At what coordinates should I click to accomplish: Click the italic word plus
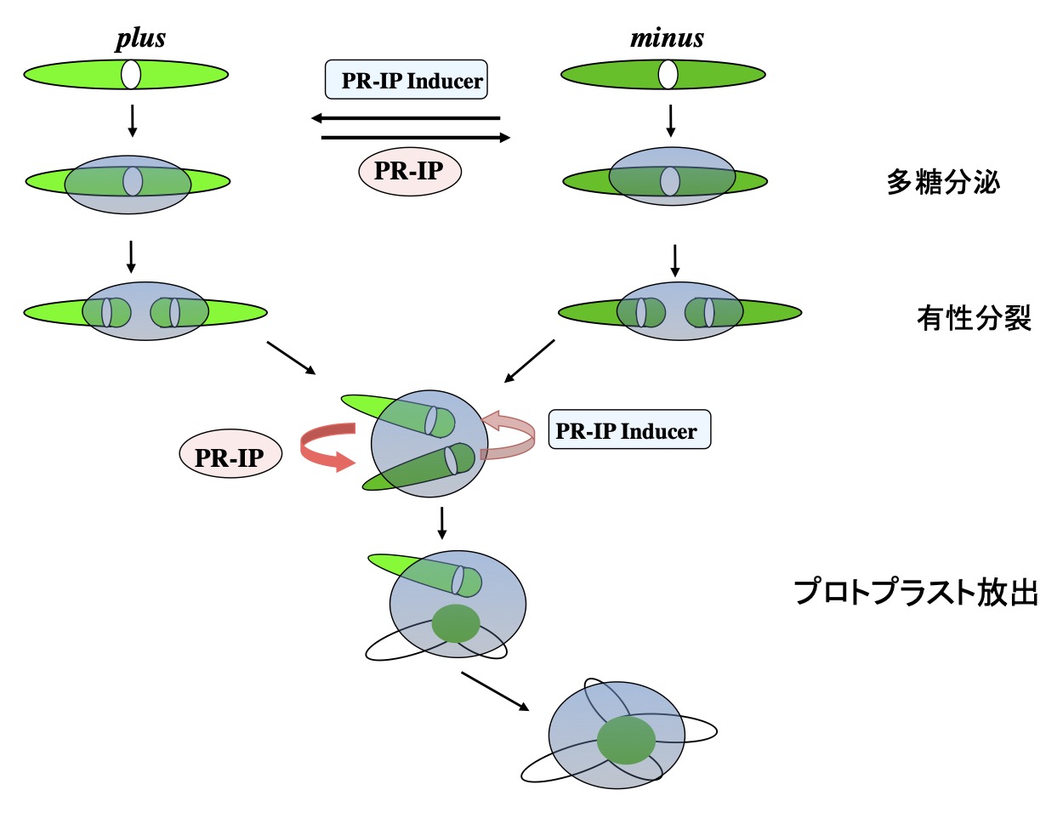tap(140, 39)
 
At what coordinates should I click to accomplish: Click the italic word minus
tap(667, 39)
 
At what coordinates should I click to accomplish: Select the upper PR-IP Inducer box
tap(406, 80)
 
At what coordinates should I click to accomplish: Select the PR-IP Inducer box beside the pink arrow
tap(628, 430)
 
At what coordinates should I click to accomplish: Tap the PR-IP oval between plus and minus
tap(409, 171)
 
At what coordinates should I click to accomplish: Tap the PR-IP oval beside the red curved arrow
tap(230, 457)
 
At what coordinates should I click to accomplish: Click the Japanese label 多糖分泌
tap(942, 181)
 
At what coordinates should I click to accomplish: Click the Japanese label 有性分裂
tap(974, 318)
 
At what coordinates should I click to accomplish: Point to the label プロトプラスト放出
tap(916, 592)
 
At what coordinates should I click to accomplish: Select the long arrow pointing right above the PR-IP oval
tap(416, 137)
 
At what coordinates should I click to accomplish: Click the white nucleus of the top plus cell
tap(130, 74)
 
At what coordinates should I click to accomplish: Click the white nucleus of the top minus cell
tap(668, 74)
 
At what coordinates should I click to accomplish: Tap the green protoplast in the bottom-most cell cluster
tap(626, 740)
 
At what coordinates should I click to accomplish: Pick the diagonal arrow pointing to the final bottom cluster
tap(495, 690)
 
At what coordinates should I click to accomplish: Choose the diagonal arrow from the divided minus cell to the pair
tap(529, 361)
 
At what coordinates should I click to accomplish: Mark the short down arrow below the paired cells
tap(441, 522)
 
